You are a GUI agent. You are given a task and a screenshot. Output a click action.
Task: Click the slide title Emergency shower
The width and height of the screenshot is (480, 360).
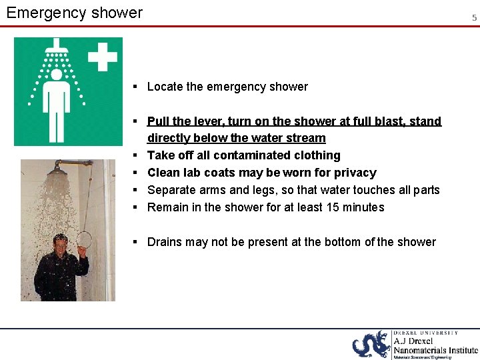[x=74, y=13]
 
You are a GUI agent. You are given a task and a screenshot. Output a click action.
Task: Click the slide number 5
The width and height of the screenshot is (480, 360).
[x=474, y=18]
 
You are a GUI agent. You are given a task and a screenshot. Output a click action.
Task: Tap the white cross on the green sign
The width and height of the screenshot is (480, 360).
[x=103, y=57]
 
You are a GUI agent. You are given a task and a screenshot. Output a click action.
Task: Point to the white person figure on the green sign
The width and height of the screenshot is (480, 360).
[x=57, y=97]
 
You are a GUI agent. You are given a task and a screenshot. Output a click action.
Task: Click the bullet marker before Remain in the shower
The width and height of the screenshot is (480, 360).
[x=135, y=207]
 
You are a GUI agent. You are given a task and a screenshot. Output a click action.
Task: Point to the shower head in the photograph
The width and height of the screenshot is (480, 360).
[x=58, y=170]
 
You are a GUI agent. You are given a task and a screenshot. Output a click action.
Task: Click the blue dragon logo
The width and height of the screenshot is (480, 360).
[x=371, y=345]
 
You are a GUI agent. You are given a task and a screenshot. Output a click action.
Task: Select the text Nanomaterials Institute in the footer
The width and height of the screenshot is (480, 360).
[x=435, y=350]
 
